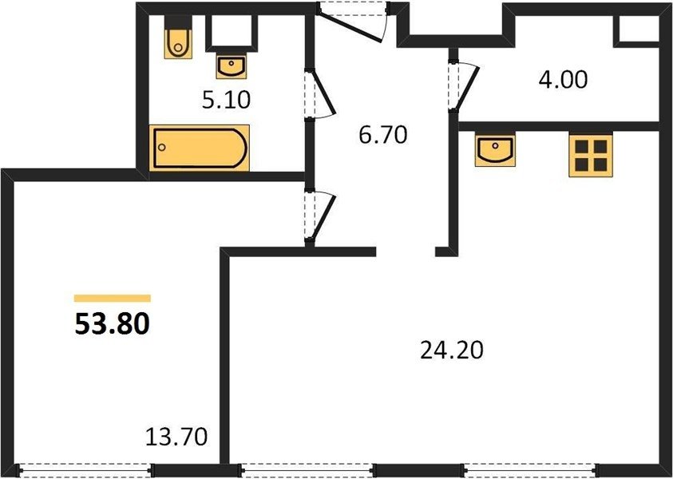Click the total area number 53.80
112,324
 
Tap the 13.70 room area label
176,437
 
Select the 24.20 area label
452,350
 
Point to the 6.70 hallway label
383,135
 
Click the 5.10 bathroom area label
226,100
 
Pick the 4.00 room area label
563,80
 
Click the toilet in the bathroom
178,43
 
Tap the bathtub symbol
199,148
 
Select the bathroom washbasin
232,67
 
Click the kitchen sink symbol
495,150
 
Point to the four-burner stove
591,155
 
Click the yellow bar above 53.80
113,299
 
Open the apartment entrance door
351,22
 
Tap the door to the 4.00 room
465,87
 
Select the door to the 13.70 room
321,215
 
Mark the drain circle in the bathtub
162,148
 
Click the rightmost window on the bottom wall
529,470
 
